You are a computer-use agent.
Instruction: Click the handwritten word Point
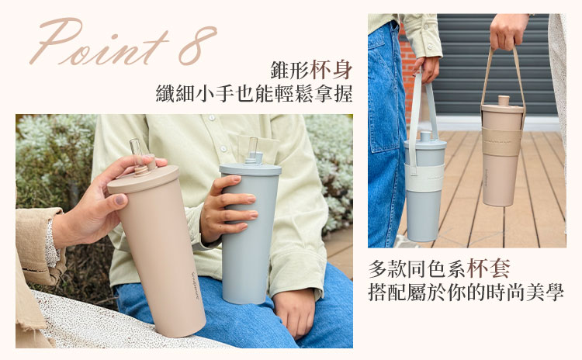(x=99, y=42)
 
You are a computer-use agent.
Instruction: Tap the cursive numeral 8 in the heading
(x=197, y=45)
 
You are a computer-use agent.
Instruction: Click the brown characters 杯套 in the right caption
(x=488, y=268)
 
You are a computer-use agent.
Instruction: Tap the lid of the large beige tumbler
(x=144, y=180)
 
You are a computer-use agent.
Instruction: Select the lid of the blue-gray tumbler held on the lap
(x=250, y=170)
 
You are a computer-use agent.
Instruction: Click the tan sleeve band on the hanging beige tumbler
(x=501, y=142)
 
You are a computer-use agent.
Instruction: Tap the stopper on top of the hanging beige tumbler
(x=504, y=101)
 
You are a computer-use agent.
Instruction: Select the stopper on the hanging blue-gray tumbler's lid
(x=426, y=136)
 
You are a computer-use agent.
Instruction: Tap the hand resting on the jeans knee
(x=295, y=313)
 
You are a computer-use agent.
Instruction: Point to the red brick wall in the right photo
(x=407, y=74)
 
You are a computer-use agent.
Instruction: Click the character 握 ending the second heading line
(x=342, y=94)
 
